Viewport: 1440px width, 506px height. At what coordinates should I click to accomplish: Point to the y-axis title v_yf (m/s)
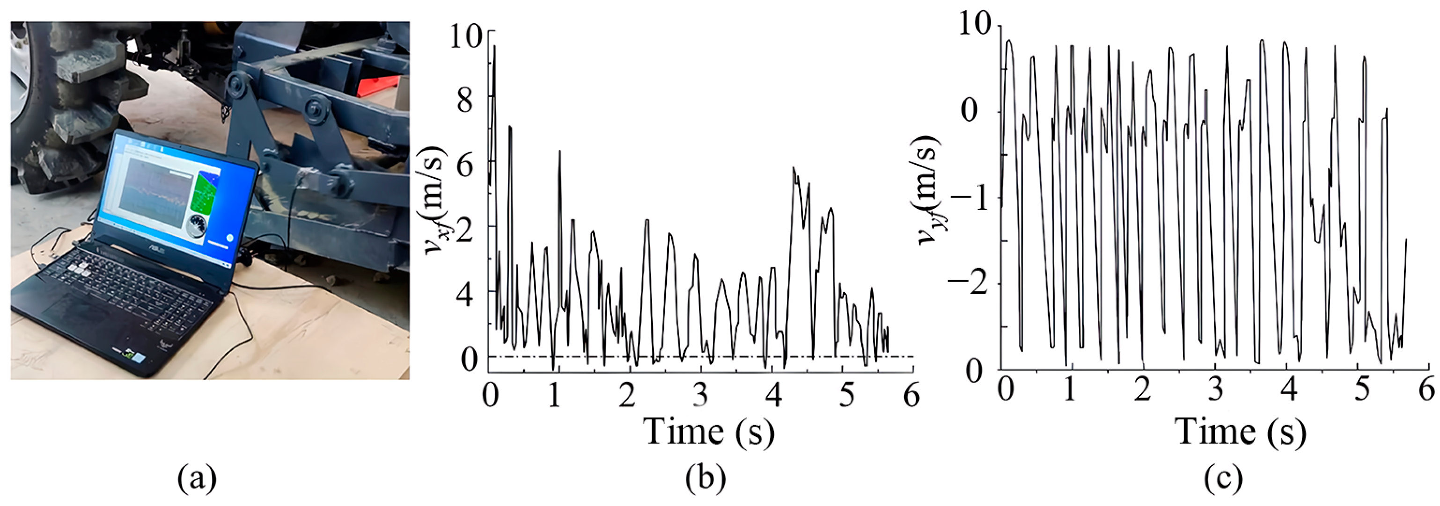(x=928, y=190)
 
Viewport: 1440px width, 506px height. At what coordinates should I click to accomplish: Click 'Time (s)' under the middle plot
(x=708, y=432)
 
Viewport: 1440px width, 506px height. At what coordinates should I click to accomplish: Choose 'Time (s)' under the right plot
(x=1241, y=432)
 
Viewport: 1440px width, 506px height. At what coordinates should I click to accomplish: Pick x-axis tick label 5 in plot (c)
(x=1362, y=388)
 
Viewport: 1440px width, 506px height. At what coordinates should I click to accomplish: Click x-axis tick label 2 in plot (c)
(x=1143, y=388)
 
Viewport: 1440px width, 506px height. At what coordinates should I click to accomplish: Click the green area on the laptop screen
(x=204, y=193)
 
